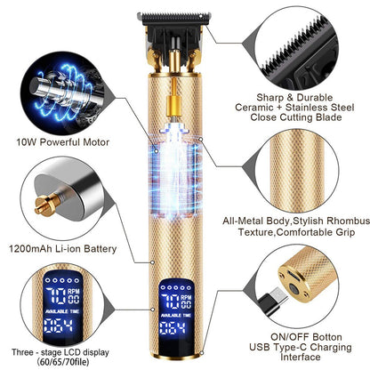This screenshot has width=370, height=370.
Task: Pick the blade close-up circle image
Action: click(x=314, y=41)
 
